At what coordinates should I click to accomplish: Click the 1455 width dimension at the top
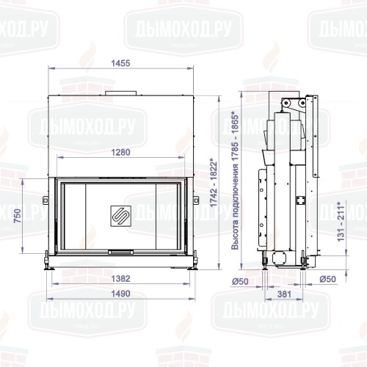click(122, 64)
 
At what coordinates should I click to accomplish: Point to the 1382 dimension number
click(121, 280)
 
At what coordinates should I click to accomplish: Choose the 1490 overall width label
click(121, 294)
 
